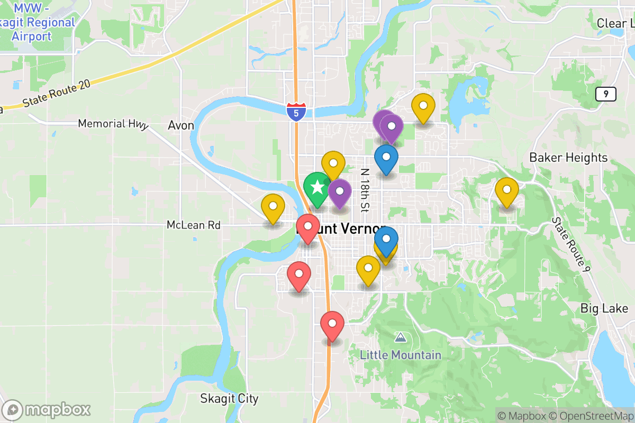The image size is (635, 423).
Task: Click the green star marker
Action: click(x=317, y=188)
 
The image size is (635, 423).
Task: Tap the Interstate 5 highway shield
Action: click(x=296, y=112)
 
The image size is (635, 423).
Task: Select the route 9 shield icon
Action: click(x=605, y=95)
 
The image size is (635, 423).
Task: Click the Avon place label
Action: click(x=181, y=126)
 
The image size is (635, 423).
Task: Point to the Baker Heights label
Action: click(x=568, y=158)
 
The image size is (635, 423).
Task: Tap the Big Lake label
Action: click(x=604, y=308)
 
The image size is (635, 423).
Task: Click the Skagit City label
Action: click(x=230, y=398)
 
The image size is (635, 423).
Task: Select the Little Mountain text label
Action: click(x=401, y=355)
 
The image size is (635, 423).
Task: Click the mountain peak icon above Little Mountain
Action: click(x=401, y=337)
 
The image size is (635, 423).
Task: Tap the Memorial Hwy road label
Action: click(x=113, y=124)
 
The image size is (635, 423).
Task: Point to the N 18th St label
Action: click(x=365, y=190)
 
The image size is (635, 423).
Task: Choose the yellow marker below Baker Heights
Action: click(x=506, y=191)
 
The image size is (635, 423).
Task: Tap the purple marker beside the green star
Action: click(x=340, y=192)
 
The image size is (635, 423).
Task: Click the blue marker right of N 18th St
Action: click(x=386, y=159)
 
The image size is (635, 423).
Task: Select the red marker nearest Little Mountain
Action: click(x=332, y=325)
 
